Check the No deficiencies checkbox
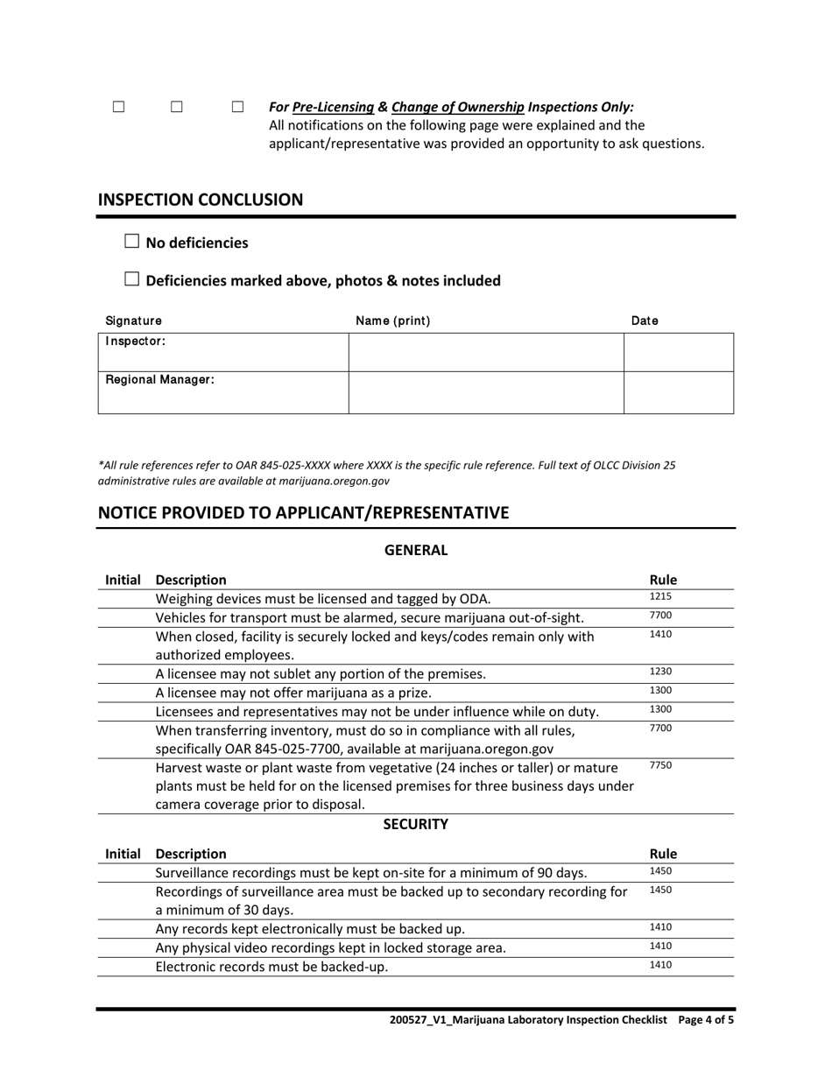(132, 242)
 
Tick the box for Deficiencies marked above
(132, 279)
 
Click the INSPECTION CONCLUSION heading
(201, 200)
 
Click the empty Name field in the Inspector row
(486, 352)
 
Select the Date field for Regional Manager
(678, 392)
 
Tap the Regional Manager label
(160, 380)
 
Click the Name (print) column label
(392, 320)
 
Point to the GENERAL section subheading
(416, 550)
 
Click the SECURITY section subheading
(416, 824)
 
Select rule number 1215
(660, 596)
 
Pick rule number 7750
(660, 765)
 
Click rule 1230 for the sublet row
(660, 672)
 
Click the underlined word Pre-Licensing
(333, 107)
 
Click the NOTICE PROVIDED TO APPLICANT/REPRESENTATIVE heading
(303, 512)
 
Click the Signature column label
(133, 320)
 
